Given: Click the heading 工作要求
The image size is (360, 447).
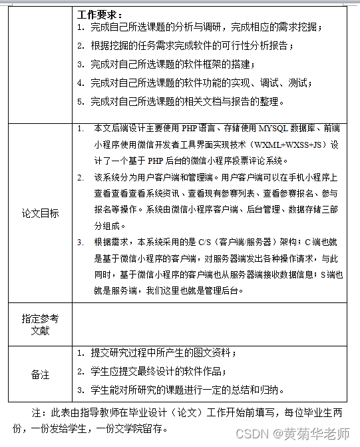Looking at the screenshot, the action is click(98, 14).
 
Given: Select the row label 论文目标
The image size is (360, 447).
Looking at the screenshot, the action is click(41, 213).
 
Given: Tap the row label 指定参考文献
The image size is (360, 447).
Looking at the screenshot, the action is click(41, 324).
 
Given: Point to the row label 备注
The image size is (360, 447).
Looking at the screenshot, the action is click(41, 374).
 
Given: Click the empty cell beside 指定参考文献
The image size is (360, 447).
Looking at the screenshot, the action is click(208, 324).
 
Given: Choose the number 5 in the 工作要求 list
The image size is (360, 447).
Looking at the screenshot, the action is click(80, 102).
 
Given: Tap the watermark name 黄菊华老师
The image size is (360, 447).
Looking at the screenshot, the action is click(317, 434).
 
